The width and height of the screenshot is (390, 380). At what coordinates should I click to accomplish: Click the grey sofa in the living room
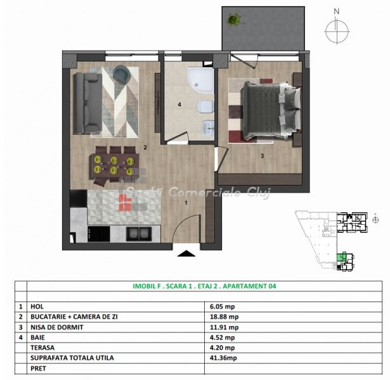click(88, 103)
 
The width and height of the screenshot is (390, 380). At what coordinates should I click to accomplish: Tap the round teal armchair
click(122, 73)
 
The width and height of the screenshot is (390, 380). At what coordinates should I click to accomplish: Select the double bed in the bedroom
click(271, 110)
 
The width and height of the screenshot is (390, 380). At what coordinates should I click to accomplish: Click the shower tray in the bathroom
click(201, 80)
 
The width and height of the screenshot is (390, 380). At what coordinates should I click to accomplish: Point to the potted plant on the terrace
click(234, 19)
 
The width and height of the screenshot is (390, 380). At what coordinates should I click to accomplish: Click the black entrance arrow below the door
click(186, 253)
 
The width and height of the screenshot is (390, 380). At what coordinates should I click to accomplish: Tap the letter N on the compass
click(337, 11)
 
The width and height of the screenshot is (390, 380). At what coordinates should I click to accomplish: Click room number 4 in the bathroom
click(179, 104)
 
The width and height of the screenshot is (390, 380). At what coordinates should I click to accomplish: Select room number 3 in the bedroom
click(262, 156)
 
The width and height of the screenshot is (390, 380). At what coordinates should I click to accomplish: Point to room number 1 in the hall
click(186, 203)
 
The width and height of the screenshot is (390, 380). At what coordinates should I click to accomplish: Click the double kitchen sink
click(138, 234)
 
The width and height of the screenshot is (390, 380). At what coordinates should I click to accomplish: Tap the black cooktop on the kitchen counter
click(99, 234)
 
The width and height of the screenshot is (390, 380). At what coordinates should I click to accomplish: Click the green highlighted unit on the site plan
click(342, 256)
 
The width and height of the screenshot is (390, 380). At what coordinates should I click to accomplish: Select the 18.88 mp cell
click(224, 317)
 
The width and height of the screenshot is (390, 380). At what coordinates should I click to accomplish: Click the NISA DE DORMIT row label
click(56, 327)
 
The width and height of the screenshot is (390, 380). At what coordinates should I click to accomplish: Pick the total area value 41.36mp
click(223, 358)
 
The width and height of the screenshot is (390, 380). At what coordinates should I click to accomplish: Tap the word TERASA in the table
click(42, 348)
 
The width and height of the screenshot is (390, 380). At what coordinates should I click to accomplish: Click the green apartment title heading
click(204, 286)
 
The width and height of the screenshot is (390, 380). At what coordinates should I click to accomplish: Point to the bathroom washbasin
click(208, 128)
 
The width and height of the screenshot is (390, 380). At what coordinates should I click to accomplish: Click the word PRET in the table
click(38, 369)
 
